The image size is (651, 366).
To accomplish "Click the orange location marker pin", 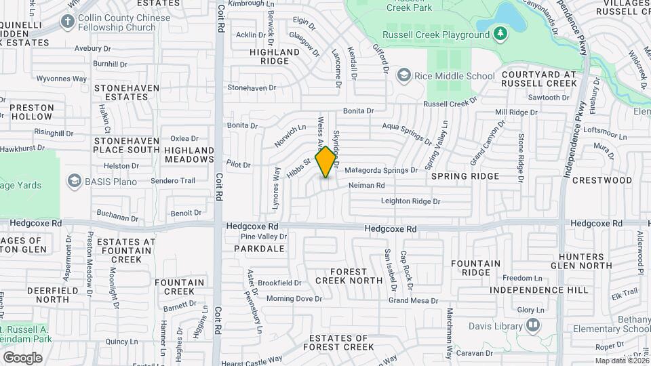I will click(x=326, y=161).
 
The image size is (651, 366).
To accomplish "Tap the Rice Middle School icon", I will click(x=403, y=75).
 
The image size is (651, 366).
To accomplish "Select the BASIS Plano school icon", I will click(x=74, y=181).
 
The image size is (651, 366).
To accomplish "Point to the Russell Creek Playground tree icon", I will click(x=500, y=33).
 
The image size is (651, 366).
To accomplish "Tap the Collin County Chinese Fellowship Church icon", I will click(x=67, y=21).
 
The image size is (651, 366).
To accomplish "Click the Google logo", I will click(x=22, y=358).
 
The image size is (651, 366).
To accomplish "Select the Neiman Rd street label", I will click(x=367, y=185).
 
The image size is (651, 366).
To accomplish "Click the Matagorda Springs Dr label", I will click(x=381, y=170).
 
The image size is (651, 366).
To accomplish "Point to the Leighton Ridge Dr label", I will click(x=411, y=201).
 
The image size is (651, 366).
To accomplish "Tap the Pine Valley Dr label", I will click(x=264, y=237).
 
